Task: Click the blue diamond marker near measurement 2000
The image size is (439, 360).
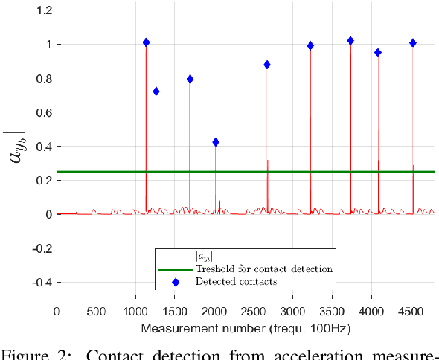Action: [x=216, y=142]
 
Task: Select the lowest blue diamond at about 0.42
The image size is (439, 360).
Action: [x=216, y=142]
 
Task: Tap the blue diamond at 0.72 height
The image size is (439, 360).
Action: [x=156, y=91]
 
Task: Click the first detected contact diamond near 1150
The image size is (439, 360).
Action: [x=146, y=42]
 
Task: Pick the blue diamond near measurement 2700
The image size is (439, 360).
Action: [x=267, y=65]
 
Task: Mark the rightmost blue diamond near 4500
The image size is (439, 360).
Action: [x=413, y=43]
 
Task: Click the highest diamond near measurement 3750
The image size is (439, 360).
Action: [x=350, y=41]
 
